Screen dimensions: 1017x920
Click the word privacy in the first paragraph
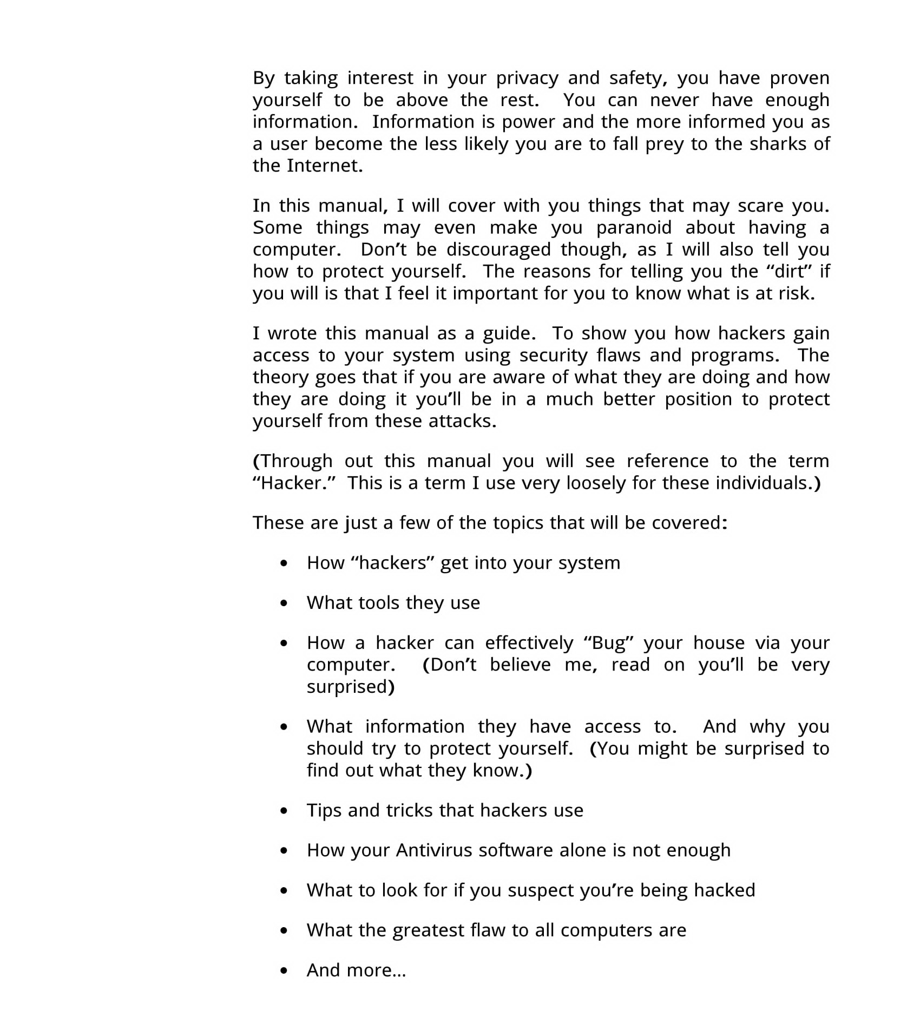pos(527,78)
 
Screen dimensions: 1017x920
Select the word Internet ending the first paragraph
pos(324,166)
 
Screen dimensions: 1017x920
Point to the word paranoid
pos(634,228)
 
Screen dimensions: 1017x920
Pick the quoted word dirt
pos(790,271)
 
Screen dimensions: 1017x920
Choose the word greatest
pos(428,930)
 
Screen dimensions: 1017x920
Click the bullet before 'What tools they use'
pos(284,603)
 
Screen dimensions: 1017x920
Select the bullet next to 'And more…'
pos(284,971)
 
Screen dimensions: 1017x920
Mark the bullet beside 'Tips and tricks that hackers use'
pos(284,811)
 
